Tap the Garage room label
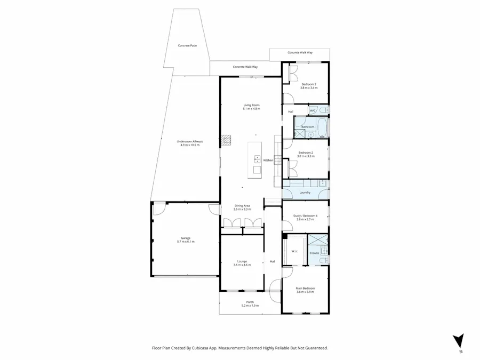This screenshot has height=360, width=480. click(x=186, y=238)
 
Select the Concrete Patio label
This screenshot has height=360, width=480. click(x=187, y=46)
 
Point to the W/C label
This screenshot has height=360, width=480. click(x=313, y=110)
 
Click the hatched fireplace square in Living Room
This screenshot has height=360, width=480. click(x=227, y=140)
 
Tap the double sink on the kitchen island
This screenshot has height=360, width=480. click(x=257, y=159)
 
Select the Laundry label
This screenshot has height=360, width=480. click(x=305, y=192)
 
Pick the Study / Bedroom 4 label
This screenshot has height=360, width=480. click(x=306, y=215)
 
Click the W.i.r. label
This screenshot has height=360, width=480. click(x=294, y=251)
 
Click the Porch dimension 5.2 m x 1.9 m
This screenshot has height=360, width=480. click(x=250, y=306)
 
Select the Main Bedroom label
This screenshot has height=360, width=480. click(x=306, y=288)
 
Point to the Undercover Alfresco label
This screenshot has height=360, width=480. click(x=190, y=141)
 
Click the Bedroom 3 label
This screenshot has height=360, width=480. click(x=309, y=84)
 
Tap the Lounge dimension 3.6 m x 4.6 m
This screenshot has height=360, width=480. click(x=242, y=265)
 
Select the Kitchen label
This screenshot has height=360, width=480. click(x=268, y=160)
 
